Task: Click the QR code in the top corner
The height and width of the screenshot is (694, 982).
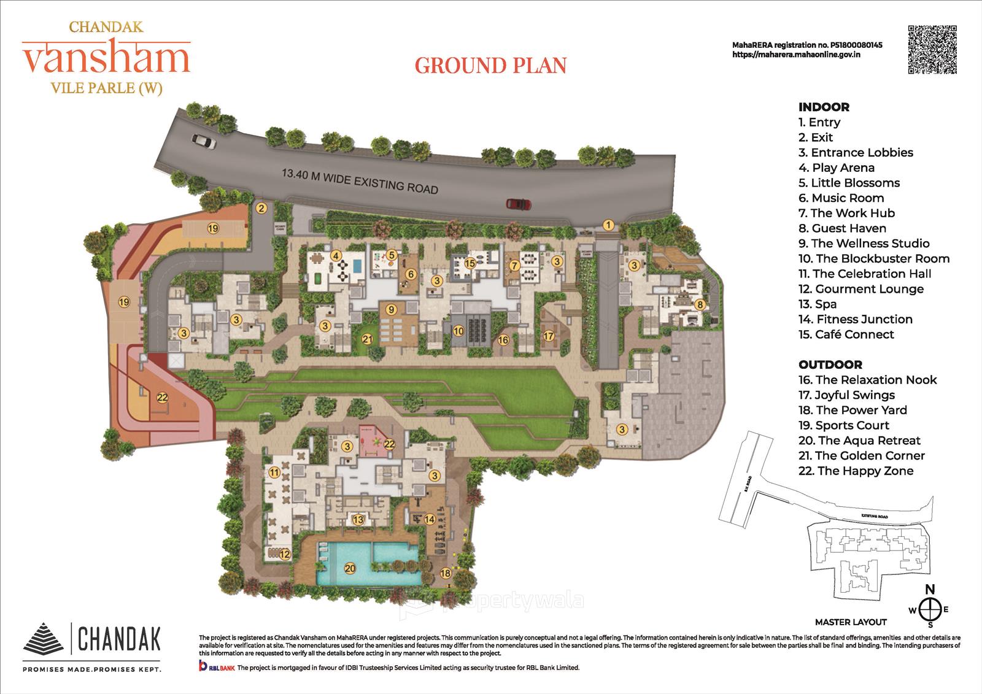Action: point(932,50)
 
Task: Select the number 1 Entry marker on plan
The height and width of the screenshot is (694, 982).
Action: point(608,225)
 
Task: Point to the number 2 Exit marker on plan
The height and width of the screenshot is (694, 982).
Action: point(261,208)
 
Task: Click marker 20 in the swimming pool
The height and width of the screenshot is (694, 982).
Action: point(350,568)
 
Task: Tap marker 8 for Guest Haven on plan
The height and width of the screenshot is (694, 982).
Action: point(699,304)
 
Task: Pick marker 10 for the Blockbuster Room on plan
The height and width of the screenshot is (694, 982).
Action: point(458,331)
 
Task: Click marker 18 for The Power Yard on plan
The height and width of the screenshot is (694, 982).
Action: point(446,573)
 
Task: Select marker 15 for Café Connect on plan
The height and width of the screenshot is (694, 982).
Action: point(470,264)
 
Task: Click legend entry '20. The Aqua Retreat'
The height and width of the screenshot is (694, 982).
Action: point(859,441)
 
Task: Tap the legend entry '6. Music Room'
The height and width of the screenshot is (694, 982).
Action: point(841,198)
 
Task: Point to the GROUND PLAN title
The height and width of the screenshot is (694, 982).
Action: point(490,65)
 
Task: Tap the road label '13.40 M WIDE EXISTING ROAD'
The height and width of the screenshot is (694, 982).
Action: point(360,181)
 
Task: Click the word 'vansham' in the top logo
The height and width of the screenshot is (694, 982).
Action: point(106,58)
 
